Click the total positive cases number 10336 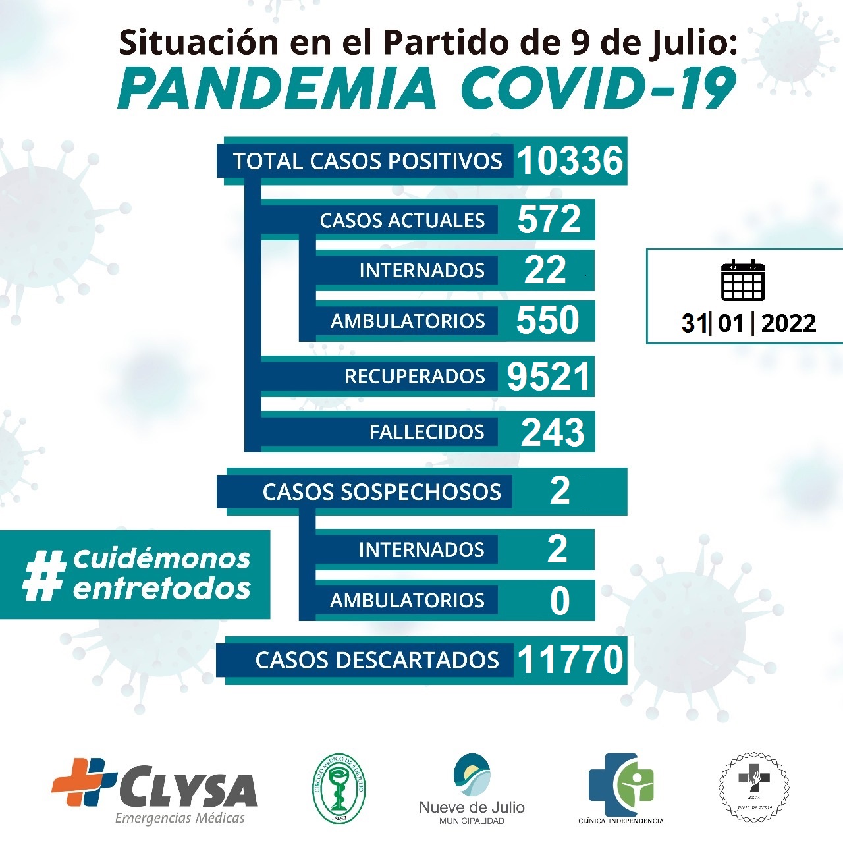coord(570,161)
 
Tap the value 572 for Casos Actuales coord(549,219)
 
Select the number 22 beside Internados coord(545,270)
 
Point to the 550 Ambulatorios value coord(547,320)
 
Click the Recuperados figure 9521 coord(548,377)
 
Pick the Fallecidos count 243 coord(552,432)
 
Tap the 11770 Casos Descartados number coord(570,660)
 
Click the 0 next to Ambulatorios coord(559,601)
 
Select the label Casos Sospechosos coord(381,492)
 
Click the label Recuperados coord(414,377)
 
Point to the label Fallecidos coord(426,432)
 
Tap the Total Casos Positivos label coord(367,161)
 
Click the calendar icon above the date coord(743,281)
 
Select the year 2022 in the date coord(788,323)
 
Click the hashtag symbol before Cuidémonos coord(45,576)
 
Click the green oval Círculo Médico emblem coord(339,788)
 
